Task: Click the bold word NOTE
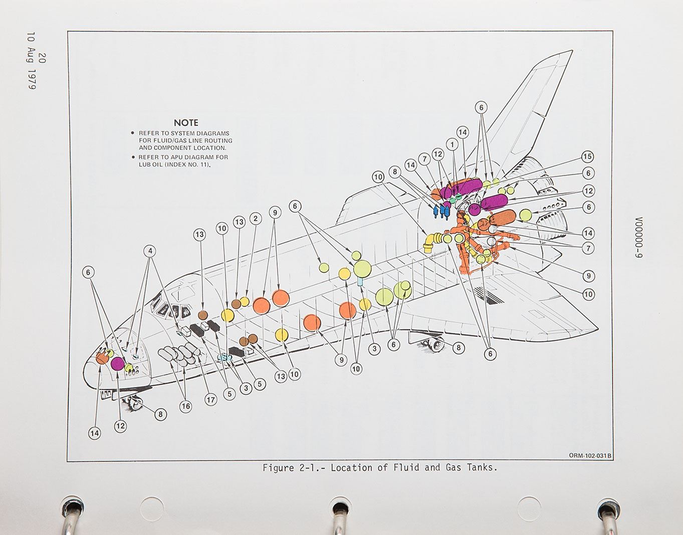coord(186,122)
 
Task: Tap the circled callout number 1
coord(452,144)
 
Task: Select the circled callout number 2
coord(255,218)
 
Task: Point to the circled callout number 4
coord(150,251)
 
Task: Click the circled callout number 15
coord(587,156)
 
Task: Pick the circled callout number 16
coord(185,406)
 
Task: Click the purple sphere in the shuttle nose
coord(118,364)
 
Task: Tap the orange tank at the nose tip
coord(102,358)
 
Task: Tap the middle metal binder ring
coord(339,516)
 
